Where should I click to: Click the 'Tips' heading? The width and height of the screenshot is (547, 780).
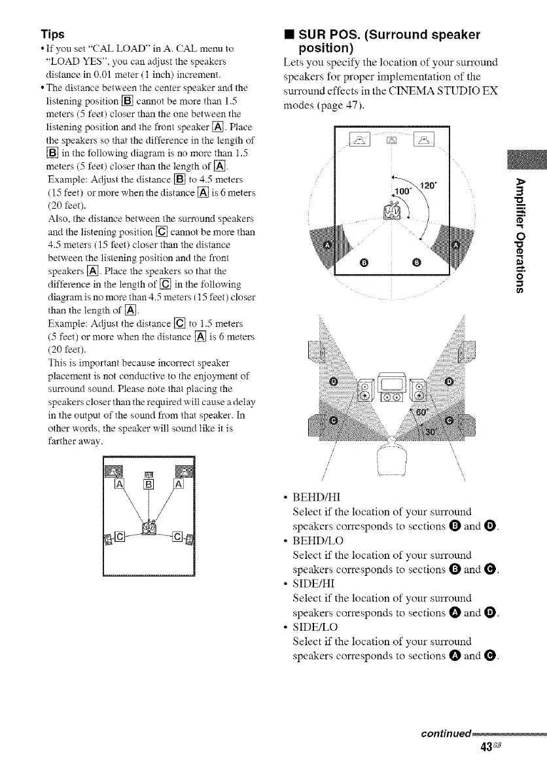[x=52, y=33]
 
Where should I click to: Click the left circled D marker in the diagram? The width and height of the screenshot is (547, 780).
[x=335, y=380]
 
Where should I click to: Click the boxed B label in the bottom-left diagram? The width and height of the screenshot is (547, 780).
[x=149, y=485]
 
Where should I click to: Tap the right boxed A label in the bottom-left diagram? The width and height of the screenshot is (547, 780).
[x=177, y=485]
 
